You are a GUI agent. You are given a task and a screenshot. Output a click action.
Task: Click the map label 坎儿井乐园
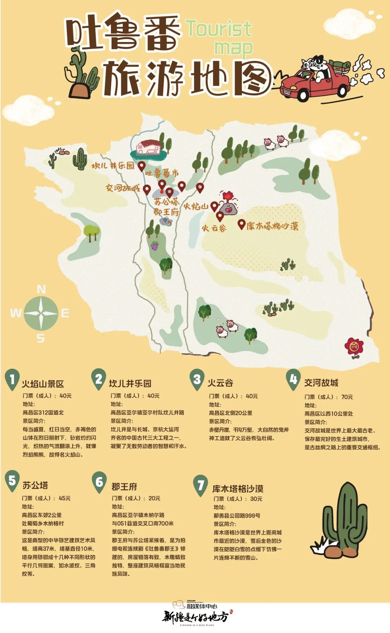[113, 166]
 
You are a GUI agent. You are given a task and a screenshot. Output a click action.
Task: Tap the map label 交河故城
[122, 188]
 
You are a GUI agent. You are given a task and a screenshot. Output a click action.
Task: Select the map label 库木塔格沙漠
[273, 226]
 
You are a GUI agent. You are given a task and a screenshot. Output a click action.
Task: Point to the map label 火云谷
[214, 228]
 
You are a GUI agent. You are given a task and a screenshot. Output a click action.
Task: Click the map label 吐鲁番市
[162, 173]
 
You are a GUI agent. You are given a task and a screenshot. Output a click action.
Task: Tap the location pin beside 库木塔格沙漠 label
[241, 224]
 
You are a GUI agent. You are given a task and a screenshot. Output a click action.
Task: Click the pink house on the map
[148, 147]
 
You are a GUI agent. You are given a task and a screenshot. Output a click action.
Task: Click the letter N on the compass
[41, 289]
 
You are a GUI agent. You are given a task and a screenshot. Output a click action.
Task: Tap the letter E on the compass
[65, 313]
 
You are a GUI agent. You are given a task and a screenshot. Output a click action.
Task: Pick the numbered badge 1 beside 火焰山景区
[12, 380]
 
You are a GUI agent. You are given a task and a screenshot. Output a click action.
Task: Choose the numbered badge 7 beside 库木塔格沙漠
[200, 485]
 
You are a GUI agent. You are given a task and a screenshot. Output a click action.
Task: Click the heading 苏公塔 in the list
[35, 485]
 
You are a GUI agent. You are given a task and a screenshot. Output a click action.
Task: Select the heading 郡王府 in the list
[124, 486]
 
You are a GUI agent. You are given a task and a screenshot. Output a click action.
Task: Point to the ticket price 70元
[347, 397]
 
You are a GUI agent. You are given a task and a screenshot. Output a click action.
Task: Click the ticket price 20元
[154, 498]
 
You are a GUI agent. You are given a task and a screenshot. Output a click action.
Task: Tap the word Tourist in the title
[218, 29]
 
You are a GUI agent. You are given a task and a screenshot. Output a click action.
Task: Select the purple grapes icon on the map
[155, 246]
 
